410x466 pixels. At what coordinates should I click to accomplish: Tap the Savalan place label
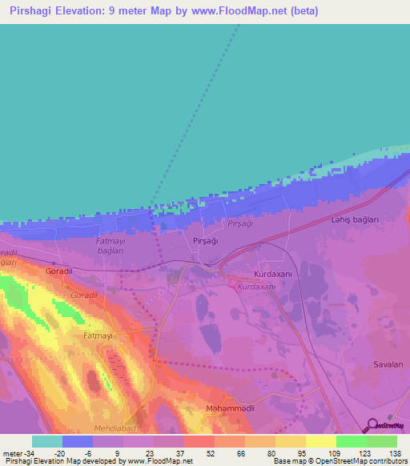pyautogui.click(x=388, y=364)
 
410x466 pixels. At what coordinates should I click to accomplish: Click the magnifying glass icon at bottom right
pyautogui.click(x=373, y=426)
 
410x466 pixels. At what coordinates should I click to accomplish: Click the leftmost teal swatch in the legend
pyautogui.click(x=47, y=440)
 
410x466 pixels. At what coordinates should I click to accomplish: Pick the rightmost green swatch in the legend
pyautogui.click(x=382, y=440)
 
